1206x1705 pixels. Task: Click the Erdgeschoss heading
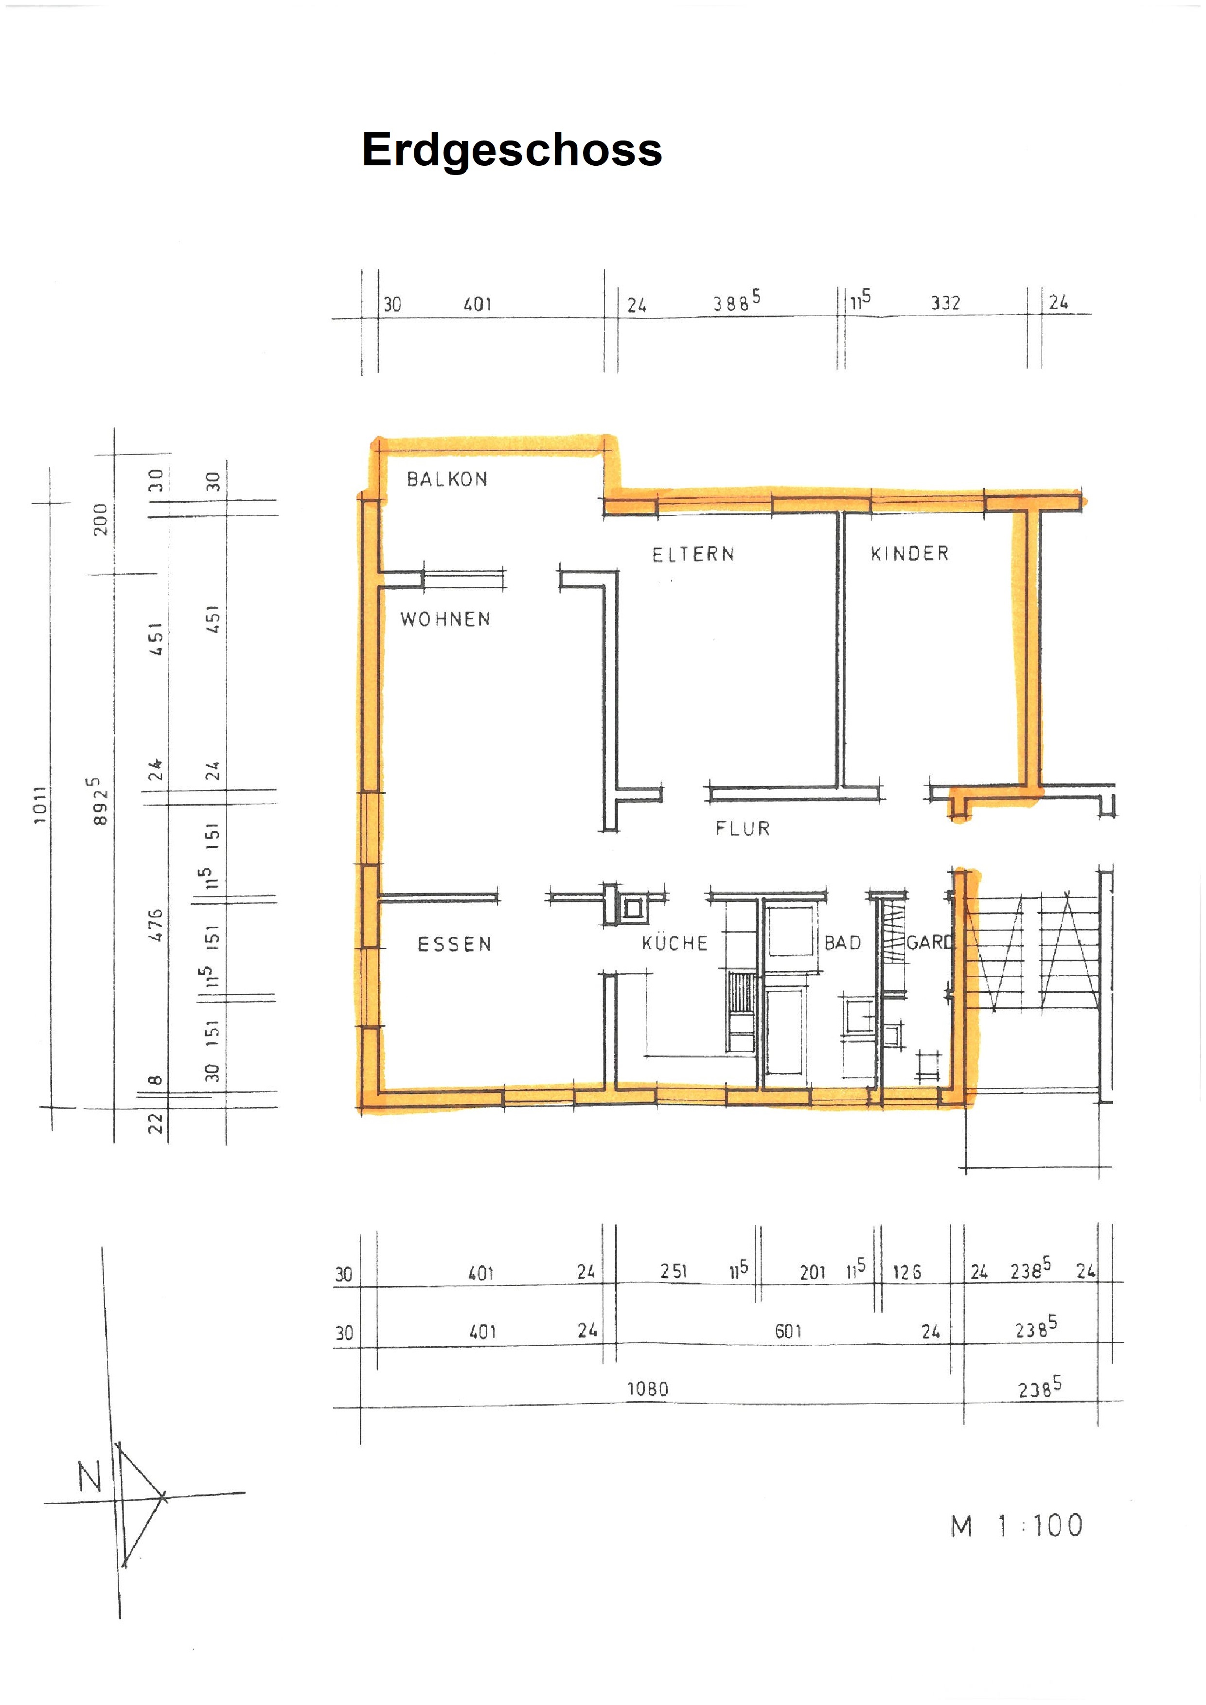(512, 151)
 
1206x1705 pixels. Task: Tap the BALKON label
(447, 479)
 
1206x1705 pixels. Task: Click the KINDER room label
(910, 553)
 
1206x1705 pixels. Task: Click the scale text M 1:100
(1017, 1525)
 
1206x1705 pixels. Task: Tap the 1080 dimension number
(648, 1388)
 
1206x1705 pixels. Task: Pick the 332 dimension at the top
(945, 302)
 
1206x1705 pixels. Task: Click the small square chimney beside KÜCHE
(633, 908)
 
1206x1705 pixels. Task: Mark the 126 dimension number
(907, 1272)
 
